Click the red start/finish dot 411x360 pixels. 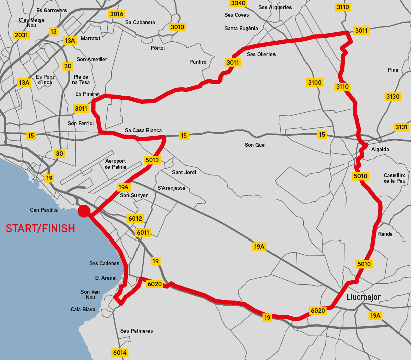pos(84,211)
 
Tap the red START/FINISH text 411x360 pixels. pos(40,229)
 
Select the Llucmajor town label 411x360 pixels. pos(363,297)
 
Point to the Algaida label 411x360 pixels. pos(380,149)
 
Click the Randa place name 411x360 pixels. pos(385,234)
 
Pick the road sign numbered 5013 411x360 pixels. pos(151,160)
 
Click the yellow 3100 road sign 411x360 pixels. pos(314,82)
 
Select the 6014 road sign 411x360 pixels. pos(120,352)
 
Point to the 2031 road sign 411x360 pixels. pos(22,35)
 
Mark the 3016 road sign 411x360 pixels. pos(116,14)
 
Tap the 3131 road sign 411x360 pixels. pos(401,127)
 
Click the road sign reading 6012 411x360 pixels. pos(135,218)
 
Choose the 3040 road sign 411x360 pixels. pos(238,3)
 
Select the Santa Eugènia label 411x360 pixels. pos(241,28)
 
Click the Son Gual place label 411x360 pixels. pos(255,145)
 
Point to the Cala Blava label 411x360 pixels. pos(83,309)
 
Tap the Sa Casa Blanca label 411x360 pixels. pos(143,131)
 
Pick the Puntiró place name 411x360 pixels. pos(198,62)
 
